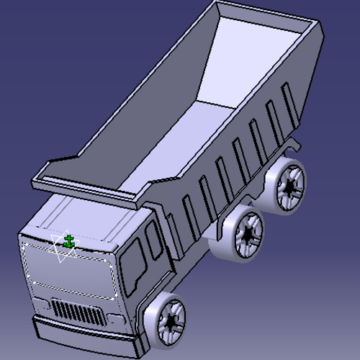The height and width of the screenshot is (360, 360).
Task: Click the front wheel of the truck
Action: pyautogui.click(x=168, y=320)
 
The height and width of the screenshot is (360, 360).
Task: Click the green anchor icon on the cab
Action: pyautogui.click(x=69, y=240)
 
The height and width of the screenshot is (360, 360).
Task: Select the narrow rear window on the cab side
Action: pyautogui.click(x=154, y=238)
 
